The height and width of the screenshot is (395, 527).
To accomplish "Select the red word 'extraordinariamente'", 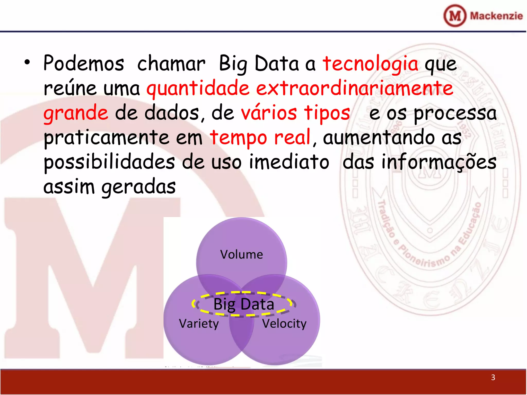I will coord(355,88).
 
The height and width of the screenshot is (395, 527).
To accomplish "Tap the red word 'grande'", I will coord(76,113).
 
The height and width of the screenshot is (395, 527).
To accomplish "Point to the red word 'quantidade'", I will coord(198,89).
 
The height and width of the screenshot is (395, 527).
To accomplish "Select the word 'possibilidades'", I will coord(109,163).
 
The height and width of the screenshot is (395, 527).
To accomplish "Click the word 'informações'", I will coord(439,163).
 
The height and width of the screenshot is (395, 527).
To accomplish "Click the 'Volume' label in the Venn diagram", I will coord(241,255).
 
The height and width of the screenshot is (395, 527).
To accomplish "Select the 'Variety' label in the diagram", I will coord(199,324).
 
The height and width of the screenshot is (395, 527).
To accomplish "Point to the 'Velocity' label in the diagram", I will coord(284,324).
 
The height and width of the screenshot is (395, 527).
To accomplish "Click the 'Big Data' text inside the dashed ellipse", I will coord(244,304).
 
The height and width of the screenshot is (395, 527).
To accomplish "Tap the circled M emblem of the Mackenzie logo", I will coord(455,16).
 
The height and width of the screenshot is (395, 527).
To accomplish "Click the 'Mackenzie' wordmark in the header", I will coord(496,16).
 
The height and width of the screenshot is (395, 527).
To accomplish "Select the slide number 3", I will coord(493,377).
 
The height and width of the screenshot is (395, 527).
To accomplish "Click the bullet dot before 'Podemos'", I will coord(27,62).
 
